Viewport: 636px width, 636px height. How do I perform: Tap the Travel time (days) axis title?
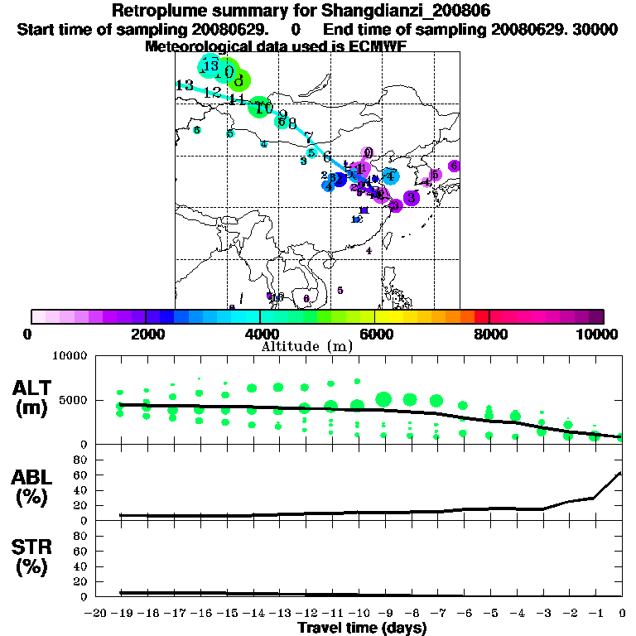362,628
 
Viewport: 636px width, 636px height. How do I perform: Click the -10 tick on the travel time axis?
358,613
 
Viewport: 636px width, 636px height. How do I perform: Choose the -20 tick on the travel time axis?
96,613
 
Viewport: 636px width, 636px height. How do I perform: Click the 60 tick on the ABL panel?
81,474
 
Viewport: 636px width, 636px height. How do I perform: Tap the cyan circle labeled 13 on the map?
210,65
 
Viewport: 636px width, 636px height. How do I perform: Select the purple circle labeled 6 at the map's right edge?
454,166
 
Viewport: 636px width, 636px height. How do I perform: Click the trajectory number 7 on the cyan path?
308,137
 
